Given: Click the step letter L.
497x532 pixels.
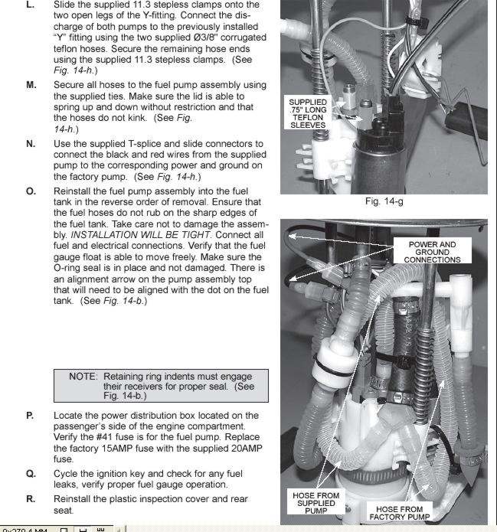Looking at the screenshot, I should click(x=30, y=5).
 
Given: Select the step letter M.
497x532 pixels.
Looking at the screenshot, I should click(x=31, y=85).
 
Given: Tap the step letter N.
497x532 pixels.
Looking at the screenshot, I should click(x=31, y=144).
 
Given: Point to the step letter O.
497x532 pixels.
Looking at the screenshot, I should click(x=31, y=191).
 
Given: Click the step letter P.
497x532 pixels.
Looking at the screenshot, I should click(x=30, y=415).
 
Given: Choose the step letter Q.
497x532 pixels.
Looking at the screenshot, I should click(x=31, y=473).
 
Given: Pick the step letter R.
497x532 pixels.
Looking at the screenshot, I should click(x=31, y=499).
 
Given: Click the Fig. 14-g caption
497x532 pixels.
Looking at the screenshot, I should click(x=384, y=203).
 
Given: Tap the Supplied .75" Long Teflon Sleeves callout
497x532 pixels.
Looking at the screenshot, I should click(x=308, y=113).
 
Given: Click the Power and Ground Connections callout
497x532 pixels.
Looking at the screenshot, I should click(x=433, y=252).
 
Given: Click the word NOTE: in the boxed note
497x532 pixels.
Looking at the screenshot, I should click(x=83, y=377).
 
